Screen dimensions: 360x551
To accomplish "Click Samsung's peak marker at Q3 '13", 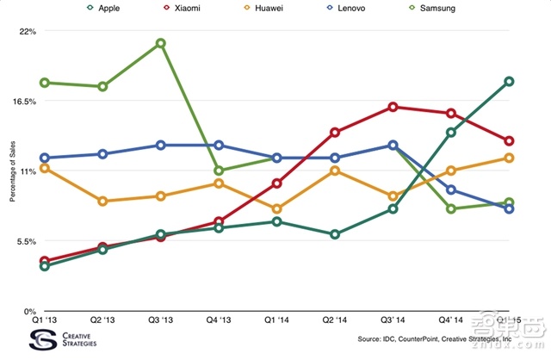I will (x=161, y=43).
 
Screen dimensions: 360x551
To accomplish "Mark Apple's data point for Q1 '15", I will (x=510, y=82).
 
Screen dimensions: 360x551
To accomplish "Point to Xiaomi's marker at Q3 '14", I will (x=393, y=107).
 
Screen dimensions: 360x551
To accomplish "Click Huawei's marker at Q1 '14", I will (x=277, y=209).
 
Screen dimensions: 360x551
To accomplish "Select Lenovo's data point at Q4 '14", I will (x=451, y=190).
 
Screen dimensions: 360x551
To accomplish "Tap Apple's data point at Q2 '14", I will (x=335, y=234).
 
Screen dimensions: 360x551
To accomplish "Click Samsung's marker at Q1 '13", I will (x=44, y=83).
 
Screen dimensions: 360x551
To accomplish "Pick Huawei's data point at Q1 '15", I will (x=510, y=158).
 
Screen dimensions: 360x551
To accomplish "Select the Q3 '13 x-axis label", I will (x=161, y=320).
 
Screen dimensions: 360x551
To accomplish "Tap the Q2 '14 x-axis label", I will (x=335, y=320).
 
